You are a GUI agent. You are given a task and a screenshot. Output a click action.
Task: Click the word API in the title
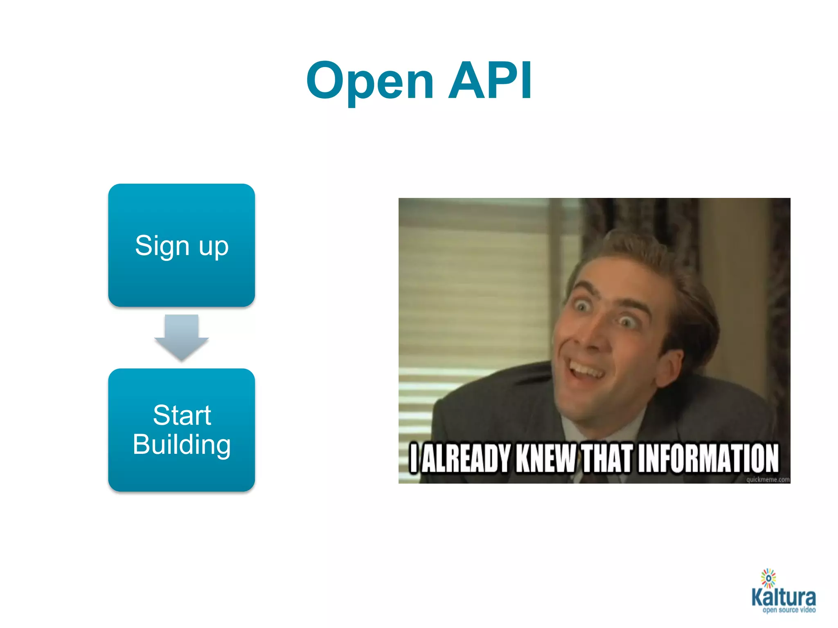[x=490, y=81]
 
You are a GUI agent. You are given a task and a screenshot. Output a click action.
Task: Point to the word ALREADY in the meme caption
[x=466, y=458]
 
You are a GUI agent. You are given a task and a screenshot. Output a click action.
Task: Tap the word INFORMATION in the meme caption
[x=708, y=458]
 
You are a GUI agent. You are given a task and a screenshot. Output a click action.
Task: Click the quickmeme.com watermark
[x=768, y=480]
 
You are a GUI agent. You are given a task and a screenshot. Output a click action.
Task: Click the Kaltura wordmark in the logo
[x=784, y=597]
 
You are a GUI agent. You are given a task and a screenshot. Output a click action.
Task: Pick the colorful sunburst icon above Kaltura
[x=768, y=578]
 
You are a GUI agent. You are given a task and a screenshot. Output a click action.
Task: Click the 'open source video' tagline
[x=788, y=610]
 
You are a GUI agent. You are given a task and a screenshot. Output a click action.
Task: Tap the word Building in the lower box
[x=181, y=444]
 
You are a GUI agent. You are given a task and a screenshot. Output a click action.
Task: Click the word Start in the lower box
[x=182, y=415]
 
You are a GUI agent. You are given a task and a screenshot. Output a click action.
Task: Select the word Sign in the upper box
[x=162, y=246]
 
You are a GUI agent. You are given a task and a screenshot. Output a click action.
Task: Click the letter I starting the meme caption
[x=414, y=458]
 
